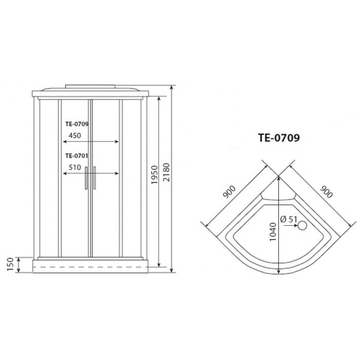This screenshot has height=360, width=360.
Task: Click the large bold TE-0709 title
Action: pyautogui.click(x=278, y=138)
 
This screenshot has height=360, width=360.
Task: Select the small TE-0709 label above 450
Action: pyautogui.click(x=77, y=123)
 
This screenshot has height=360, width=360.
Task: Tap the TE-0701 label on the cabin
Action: pyautogui.click(x=77, y=156)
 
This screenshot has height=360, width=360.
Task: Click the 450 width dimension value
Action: pyautogui.click(x=74, y=136)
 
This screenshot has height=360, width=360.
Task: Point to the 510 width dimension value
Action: pyautogui.click(x=74, y=167)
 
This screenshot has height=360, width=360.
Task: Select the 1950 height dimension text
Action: pyautogui.click(x=154, y=178)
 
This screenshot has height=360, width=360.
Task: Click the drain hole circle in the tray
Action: pyautogui.click(x=303, y=225)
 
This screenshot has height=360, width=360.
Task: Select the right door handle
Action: pyautogui.click(x=95, y=178)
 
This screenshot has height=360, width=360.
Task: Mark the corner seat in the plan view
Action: pyautogui.click(x=278, y=195)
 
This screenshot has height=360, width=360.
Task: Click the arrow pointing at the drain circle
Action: pyautogui.click(x=294, y=225)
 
